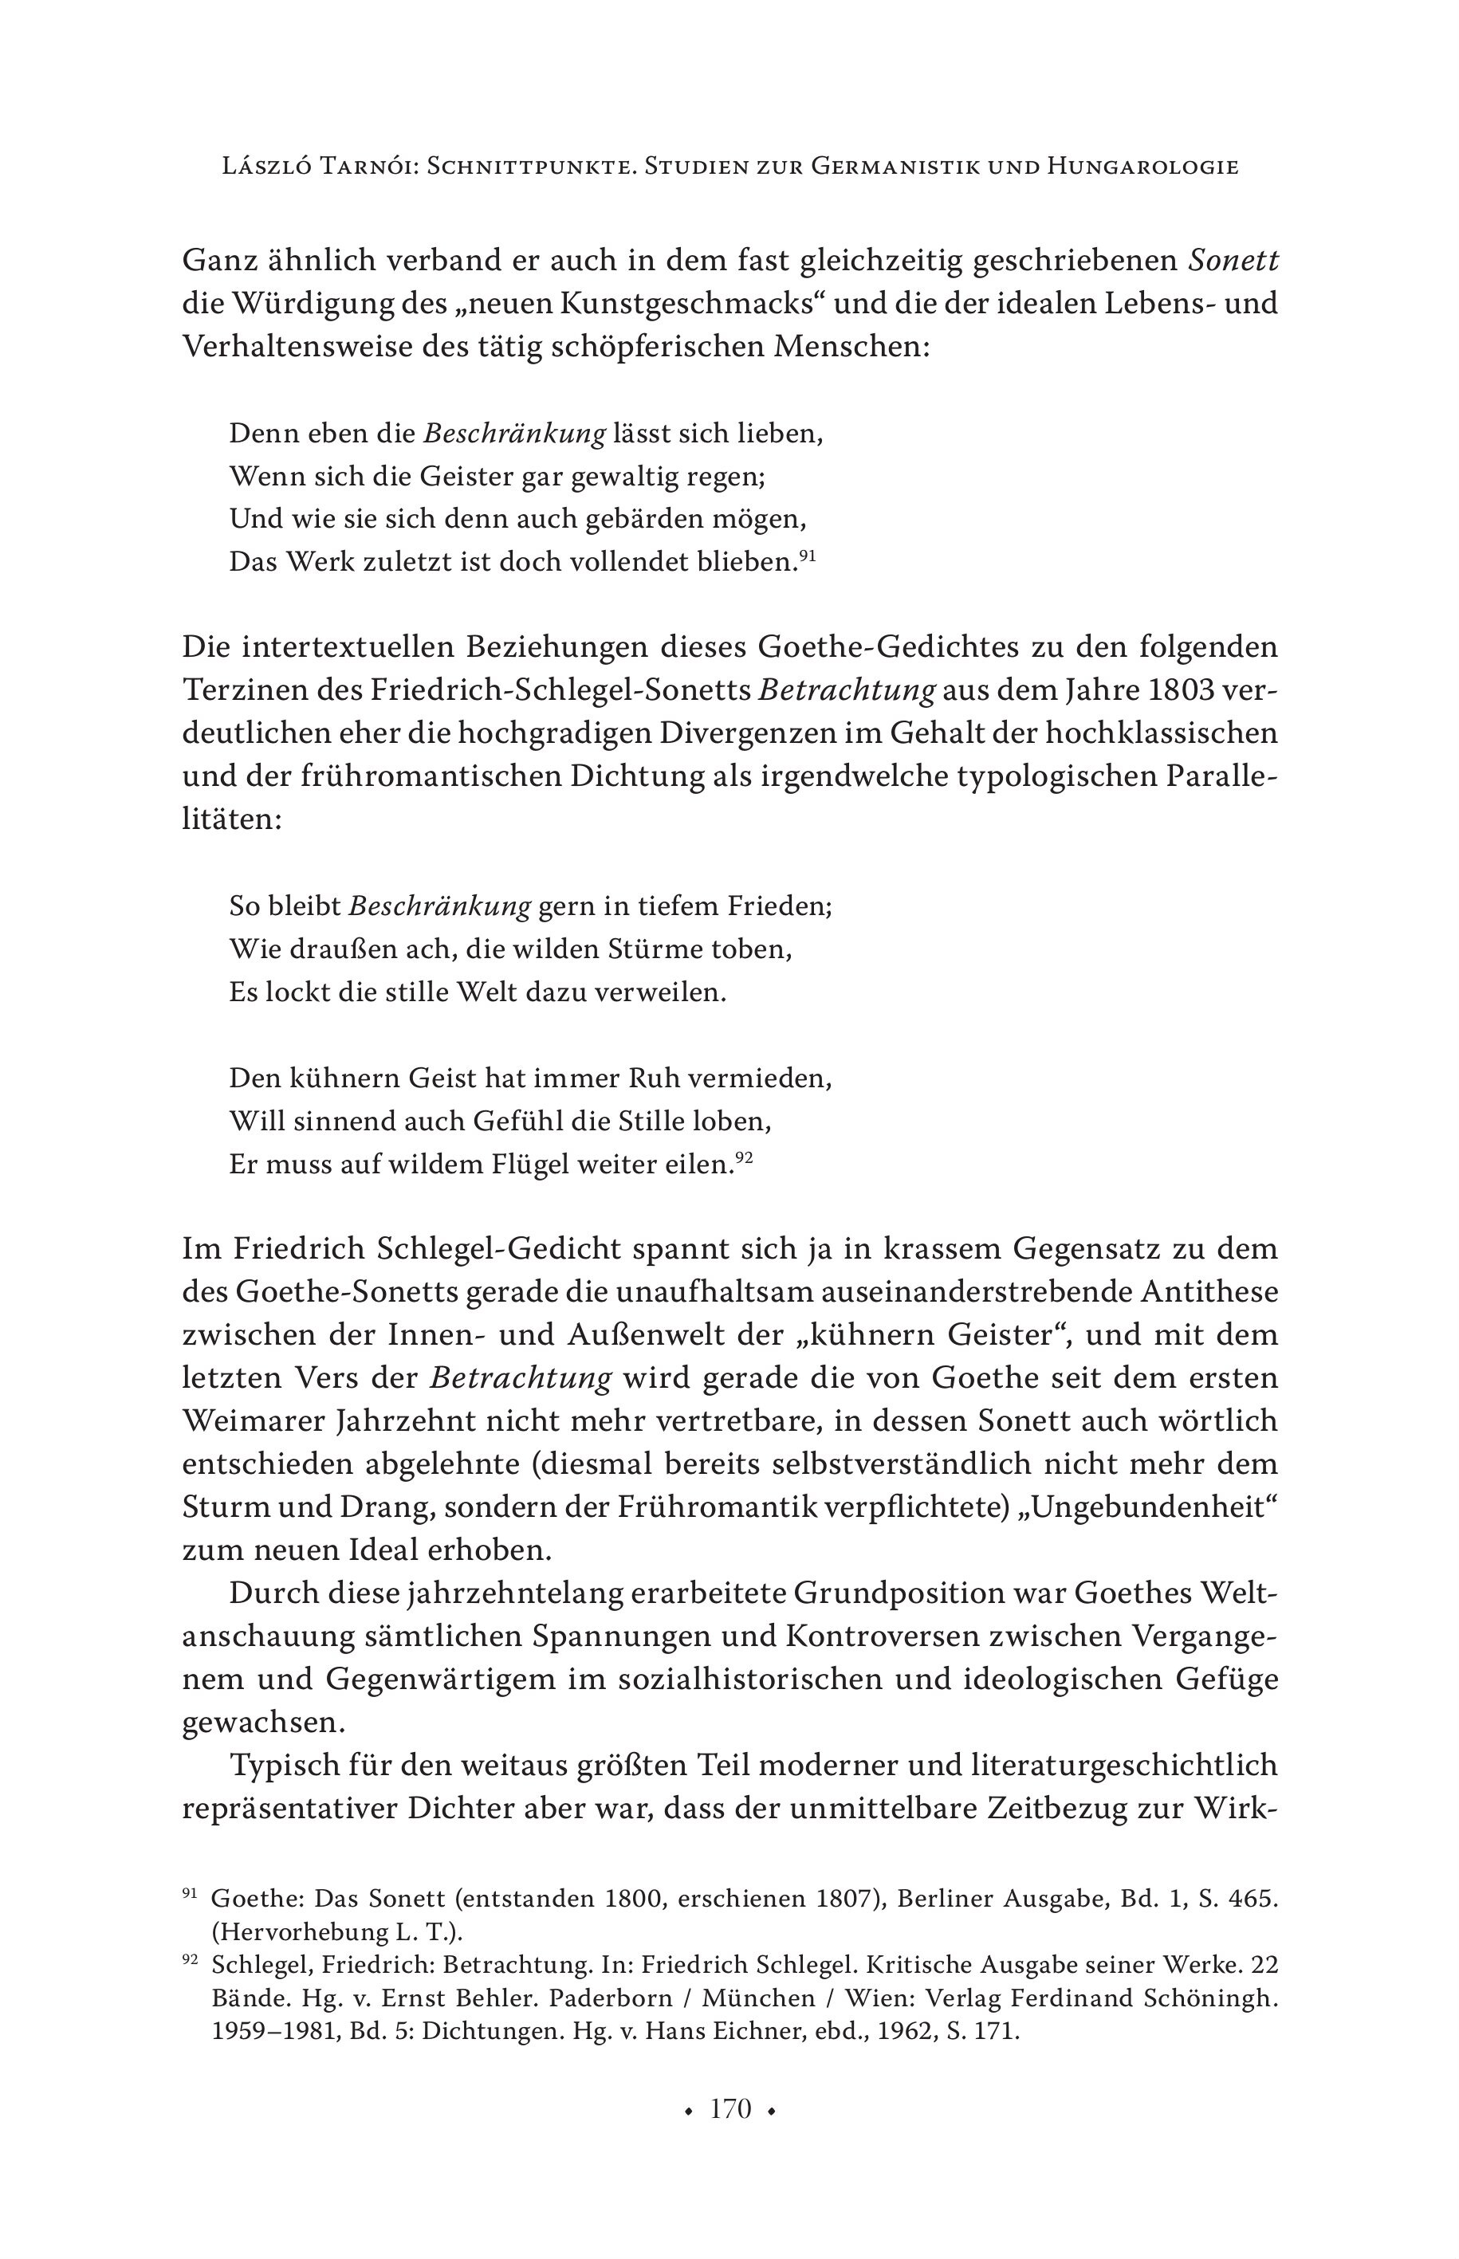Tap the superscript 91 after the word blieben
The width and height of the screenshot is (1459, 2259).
(x=807, y=557)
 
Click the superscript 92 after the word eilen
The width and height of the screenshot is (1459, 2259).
(x=744, y=1158)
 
